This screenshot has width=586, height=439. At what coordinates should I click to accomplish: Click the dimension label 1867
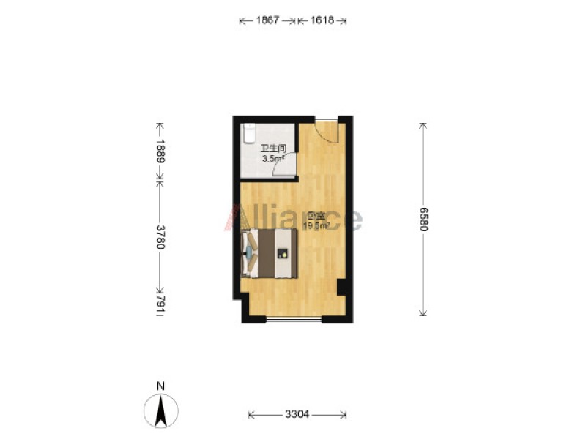pos(267,20)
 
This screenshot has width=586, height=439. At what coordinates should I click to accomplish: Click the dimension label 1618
pos(322,20)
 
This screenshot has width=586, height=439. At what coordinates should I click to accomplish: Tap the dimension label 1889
pos(160,151)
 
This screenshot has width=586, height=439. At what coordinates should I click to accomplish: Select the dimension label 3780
pos(160,236)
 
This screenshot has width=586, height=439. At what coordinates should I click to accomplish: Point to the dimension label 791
pos(160,303)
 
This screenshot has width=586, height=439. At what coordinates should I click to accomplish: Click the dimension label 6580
pos(423,219)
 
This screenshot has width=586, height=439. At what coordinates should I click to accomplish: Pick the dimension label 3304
pos(297,414)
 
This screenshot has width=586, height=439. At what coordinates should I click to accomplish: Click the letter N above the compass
pos(160,386)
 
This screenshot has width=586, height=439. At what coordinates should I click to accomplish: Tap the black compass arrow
pos(161,411)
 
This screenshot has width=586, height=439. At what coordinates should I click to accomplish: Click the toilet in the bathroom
pos(248,133)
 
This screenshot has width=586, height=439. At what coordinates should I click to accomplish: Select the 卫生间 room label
pos(273,149)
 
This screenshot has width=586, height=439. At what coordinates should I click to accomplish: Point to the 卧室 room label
pos(316,216)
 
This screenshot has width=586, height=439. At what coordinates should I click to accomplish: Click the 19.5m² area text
pos(316,225)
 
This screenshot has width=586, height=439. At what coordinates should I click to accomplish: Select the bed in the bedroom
pos(270,253)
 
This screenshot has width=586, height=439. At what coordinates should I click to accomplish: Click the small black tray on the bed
pos(283,254)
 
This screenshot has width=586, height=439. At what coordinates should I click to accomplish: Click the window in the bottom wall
pos(294,319)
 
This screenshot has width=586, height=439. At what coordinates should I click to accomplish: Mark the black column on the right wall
pos(341,287)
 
